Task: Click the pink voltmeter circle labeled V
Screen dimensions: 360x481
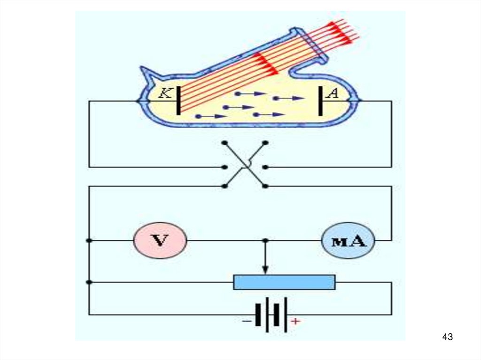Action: pos(160,241)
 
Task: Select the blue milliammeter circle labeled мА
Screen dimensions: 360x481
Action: pos(348,241)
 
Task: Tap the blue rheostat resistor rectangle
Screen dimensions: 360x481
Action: pos(284,282)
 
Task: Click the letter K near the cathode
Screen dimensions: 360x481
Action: pos(165,93)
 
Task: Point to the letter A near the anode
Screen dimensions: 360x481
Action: pos(333,93)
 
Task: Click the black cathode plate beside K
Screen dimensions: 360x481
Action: pos(178,100)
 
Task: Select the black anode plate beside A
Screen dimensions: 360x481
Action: pos(320,100)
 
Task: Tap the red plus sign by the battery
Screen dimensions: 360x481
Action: pos(295,322)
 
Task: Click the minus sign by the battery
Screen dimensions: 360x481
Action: pos(246,322)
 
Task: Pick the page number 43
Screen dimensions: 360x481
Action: pos(447,337)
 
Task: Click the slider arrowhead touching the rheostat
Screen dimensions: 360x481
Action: pos(265,270)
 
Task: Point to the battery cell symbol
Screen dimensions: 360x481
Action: pos(271,314)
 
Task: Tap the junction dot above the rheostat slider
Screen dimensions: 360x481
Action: pos(265,240)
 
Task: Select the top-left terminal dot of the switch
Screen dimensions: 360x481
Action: pos(225,142)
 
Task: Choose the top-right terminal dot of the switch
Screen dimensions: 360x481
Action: pos(265,142)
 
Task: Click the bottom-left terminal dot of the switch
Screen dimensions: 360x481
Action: pos(225,186)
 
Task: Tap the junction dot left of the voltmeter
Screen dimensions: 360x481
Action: pos(89,240)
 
